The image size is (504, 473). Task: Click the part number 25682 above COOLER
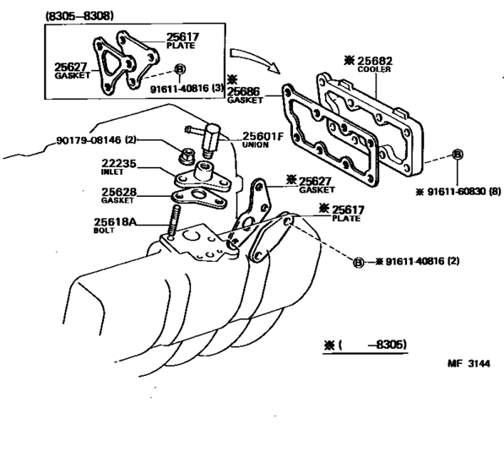click(x=375, y=61)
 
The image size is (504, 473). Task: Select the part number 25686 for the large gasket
click(x=243, y=91)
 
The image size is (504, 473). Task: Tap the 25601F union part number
click(x=263, y=136)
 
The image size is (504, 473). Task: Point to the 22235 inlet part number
click(x=119, y=163)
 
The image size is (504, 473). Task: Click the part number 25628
click(x=119, y=192)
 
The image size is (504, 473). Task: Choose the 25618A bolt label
click(x=115, y=222)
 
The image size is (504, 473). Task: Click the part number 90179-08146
click(x=89, y=140)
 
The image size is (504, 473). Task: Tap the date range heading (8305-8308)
click(x=79, y=16)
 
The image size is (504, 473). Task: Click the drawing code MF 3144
click(x=469, y=364)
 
